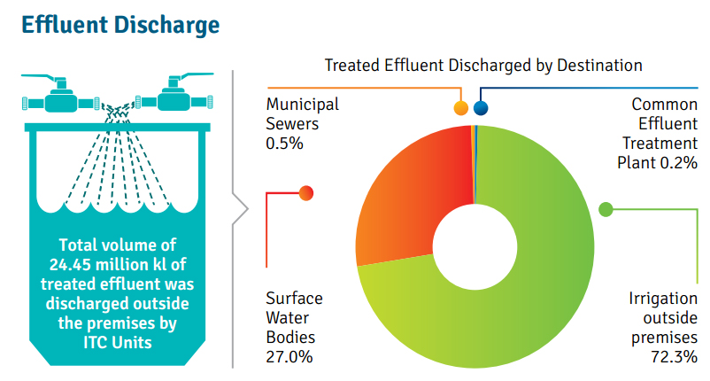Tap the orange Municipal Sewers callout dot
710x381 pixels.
pos(460,108)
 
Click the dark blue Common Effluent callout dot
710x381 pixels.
pos(481,108)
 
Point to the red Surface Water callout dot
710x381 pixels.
pos(306,193)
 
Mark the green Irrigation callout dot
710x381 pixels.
pos(606,209)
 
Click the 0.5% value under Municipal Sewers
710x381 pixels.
pos(284,144)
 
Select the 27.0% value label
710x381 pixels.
pos(289,357)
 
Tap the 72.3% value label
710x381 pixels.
pos(675,357)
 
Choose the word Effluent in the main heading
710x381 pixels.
pos(65,25)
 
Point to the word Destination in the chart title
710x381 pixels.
pos(599,66)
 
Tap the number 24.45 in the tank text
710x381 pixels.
pos(70,264)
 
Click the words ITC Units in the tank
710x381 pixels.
pos(117,343)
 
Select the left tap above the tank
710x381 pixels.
pos(61,94)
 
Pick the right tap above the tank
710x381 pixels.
pos(174,92)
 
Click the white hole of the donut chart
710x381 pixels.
pos(475,247)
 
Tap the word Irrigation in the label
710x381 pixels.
pos(663,299)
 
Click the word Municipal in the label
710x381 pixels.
pos(303,105)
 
